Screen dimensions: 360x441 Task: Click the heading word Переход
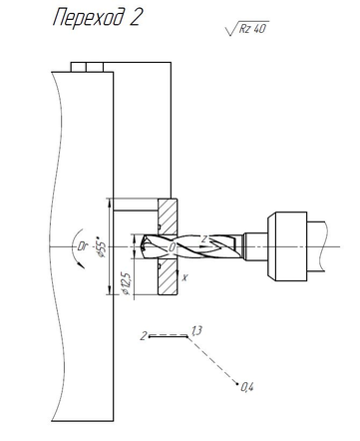tap(89, 18)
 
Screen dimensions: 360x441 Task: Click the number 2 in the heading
tap(136, 17)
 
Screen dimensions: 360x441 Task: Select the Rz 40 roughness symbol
tap(246, 28)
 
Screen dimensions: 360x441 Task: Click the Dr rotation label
tap(82, 246)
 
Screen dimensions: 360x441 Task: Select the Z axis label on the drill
tap(204, 239)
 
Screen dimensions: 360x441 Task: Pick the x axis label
tap(184, 277)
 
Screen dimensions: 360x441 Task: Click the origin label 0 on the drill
tap(173, 247)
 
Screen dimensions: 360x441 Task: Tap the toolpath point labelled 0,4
tap(237, 383)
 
